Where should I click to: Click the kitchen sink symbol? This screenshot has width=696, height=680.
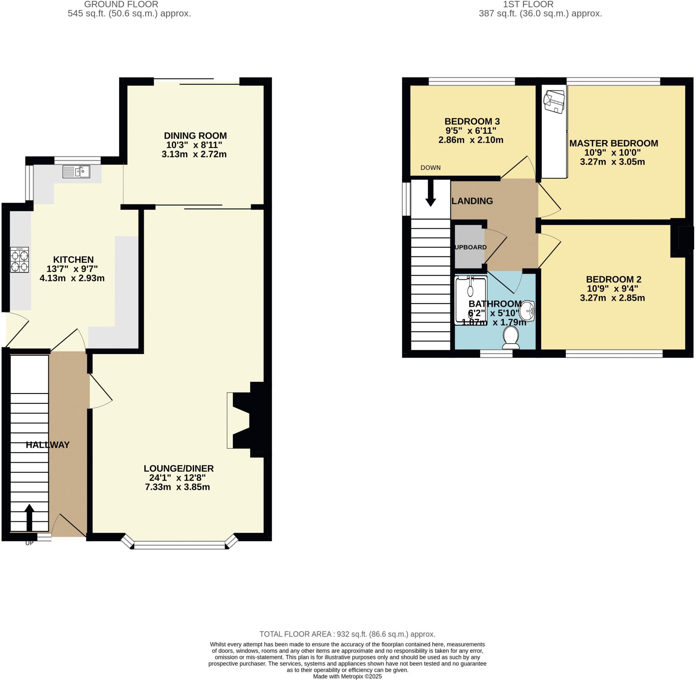(x=76, y=172)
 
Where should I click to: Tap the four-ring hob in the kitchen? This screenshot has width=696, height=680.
(x=20, y=260)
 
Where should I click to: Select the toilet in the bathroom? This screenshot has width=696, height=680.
(x=510, y=338)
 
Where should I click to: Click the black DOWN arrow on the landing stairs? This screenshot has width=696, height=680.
(x=431, y=193)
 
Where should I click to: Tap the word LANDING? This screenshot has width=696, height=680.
(x=472, y=201)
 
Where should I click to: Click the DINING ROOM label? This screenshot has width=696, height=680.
(x=195, y=136)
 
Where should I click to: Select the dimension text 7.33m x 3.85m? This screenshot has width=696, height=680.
(x=177, y=487)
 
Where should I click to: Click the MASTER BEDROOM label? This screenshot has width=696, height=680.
(x=613, y=143)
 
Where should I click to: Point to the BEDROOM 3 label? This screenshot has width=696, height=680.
(x=472, y=121)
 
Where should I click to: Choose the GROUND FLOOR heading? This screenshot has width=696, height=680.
(x=121, y=5)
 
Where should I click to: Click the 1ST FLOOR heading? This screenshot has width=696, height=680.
(x=528, y=5)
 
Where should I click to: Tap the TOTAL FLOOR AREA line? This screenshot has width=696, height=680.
(x=347, y=634)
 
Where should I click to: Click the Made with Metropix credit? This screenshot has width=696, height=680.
(x=347, y=676)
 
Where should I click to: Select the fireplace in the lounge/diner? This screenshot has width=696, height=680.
(x=246, y=420)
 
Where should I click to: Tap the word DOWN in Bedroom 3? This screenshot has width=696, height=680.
(x=430, y=168)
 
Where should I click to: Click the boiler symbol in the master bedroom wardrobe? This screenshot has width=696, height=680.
(x=554, y=102)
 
